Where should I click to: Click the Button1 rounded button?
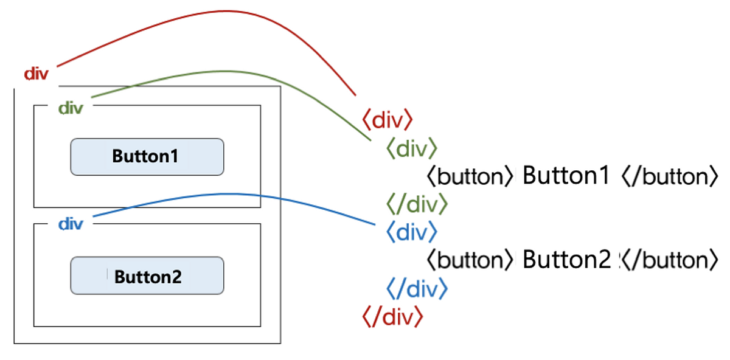point(147,157)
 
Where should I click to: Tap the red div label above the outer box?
point(36,74)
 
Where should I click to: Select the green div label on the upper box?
point(71,108)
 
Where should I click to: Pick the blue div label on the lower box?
point(71,224)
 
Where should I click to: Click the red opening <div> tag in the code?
point(388,120)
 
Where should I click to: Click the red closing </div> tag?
point(392,317)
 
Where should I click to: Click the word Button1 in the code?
point(566,176)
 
